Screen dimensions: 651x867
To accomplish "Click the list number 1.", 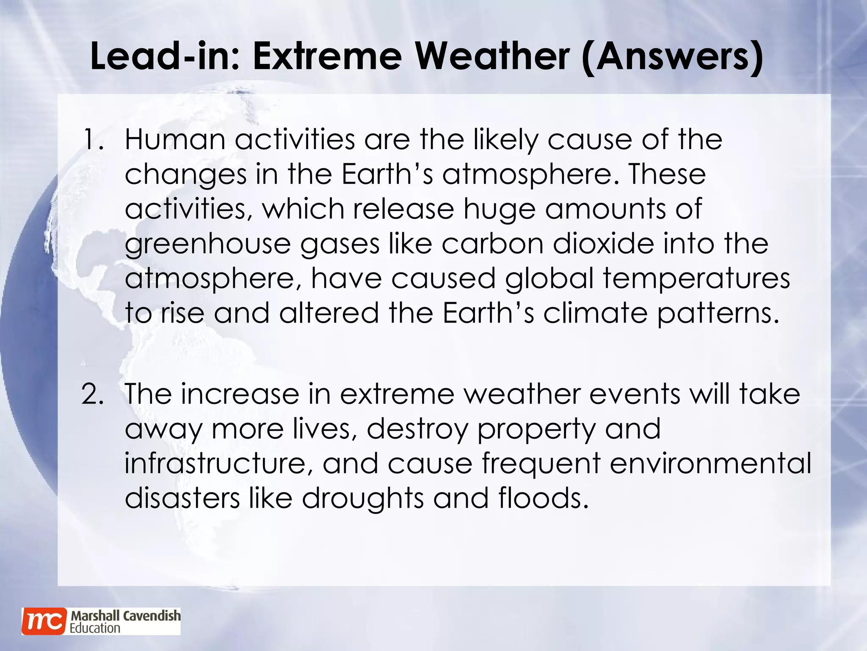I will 93,140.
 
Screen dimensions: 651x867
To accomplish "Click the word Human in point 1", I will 174,140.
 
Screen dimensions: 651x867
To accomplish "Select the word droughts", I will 362,498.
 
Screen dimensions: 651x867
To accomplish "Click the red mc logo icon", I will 44,621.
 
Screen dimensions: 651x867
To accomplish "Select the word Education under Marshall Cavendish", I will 95,628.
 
